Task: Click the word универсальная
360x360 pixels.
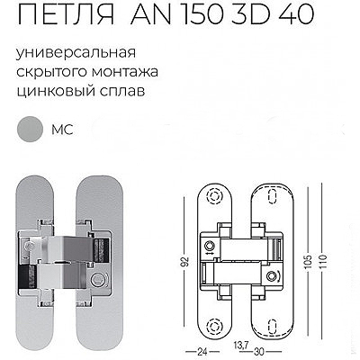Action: point(76,53)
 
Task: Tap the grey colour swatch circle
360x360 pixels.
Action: point(30,130)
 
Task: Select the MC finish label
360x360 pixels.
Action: point(62,130)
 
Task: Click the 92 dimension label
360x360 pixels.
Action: point(186,262)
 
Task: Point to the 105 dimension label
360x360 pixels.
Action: point(310,262)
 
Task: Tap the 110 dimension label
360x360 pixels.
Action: point(323,262)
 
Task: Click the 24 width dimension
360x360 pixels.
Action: point(202,352)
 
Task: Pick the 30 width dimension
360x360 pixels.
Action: point(259,352)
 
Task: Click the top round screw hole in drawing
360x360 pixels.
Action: point(214,196)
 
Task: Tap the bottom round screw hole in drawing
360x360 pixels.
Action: point(214,326)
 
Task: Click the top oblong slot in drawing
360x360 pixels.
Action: point(273,196)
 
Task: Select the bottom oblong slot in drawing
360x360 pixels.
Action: point(273,326)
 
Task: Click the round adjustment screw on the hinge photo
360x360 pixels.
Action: point(96,279)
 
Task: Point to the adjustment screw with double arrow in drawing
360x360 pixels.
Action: point(210,247)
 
